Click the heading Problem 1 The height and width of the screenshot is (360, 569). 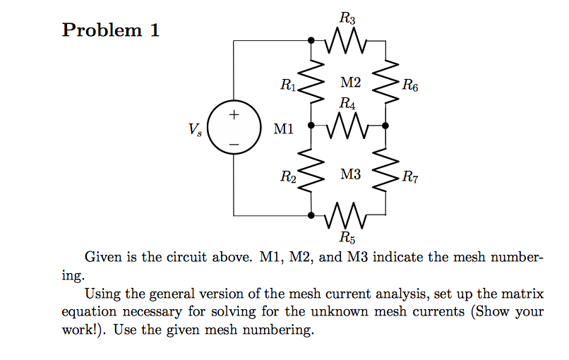[111, 30]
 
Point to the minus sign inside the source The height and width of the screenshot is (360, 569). [234, 144]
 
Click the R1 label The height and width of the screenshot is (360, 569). [288, 87]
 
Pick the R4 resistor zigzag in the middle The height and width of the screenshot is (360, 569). [347, 126]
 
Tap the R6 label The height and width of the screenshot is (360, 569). [409, 88]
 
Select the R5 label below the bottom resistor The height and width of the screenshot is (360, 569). [347, 236]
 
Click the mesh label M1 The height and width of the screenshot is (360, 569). [284, 129]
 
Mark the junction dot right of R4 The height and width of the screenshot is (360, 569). [385, 126]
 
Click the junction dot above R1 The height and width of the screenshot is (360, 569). [311, 40]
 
